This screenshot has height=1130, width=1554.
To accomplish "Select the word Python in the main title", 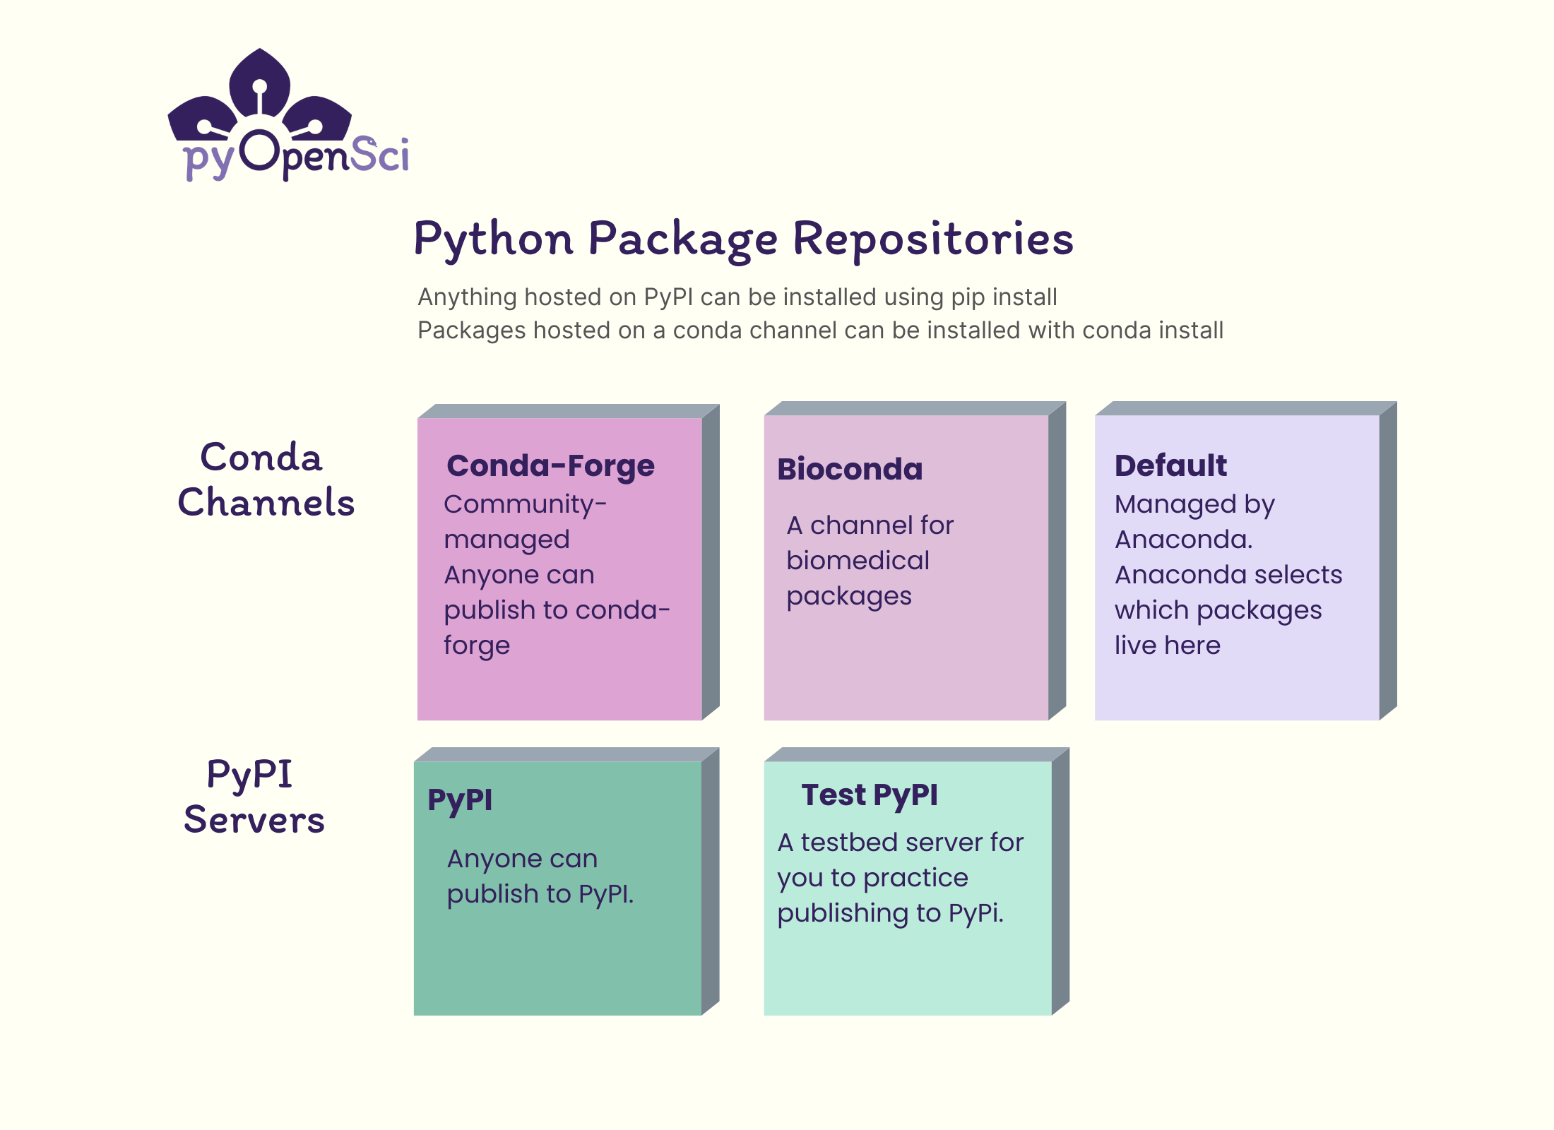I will [x=493, y=239].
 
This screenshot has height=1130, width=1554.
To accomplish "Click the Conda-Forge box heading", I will [x=550, y=466].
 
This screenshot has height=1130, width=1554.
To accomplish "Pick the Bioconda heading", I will [x=850, y=470].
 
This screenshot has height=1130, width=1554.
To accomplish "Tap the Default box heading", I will [x=1170, y=466].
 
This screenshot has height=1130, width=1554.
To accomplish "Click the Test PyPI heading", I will [x=870, y=795].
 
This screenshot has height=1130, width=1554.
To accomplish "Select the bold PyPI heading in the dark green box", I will [x=460, y=800].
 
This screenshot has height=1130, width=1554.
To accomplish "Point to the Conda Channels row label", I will [x=266, y=480].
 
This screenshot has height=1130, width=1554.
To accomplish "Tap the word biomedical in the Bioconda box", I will [x=858, y=561].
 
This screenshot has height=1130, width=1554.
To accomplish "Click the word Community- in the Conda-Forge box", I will [x=525, y=504].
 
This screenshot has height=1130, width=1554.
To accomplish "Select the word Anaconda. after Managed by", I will [x=1183, y=540].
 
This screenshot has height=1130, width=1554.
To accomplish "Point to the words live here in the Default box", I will [x=1167, y=646].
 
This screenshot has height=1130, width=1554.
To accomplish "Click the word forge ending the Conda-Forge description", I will [x=477, y=646].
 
